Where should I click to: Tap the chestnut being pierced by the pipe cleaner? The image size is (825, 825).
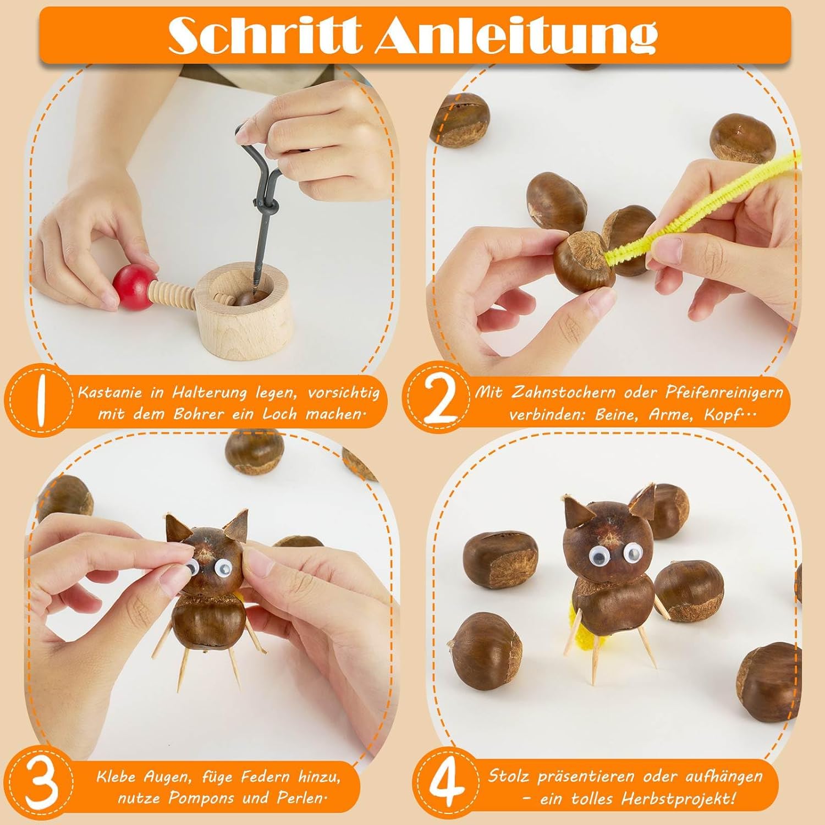click(x=584, y=260)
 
